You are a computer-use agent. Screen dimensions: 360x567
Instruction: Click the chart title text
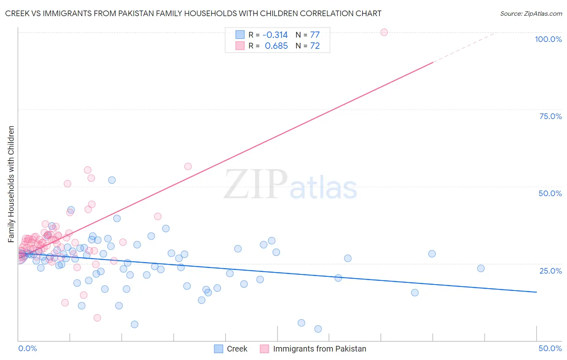coord(193,13)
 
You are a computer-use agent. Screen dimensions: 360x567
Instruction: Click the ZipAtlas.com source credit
coord(531,13)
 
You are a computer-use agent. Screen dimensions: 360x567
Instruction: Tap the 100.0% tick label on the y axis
coord(548,39)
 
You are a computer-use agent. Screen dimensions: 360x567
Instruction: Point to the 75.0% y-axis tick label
coord(550,116)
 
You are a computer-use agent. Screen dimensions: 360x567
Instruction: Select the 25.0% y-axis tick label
coord(550,270)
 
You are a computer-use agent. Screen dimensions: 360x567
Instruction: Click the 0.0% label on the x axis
coord(27,348)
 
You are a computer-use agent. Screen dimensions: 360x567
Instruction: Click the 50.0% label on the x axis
coord(550,348)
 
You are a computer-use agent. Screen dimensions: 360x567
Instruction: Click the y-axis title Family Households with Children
coord(11,184)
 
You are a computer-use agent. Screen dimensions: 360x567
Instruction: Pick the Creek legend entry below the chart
coord(231,349)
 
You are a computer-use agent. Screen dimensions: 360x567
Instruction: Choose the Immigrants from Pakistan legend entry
coord(313,349)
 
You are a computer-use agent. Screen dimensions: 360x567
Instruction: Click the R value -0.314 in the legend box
coord(275,35)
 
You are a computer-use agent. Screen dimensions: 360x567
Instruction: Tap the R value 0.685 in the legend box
coord(276,46)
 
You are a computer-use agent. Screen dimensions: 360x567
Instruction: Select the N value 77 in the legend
coord(315,35)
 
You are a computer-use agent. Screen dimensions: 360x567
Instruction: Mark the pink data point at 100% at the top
coord(384,32)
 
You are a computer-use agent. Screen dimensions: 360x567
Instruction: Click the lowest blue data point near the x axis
coord(318,329)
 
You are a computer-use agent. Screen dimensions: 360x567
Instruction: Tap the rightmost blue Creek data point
coord(481,268)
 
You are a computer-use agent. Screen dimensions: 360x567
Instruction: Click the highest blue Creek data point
coord(112,180)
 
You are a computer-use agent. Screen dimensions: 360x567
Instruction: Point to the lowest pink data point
coord(97,318)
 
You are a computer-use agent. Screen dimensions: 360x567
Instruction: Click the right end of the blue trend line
coord(536,292)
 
